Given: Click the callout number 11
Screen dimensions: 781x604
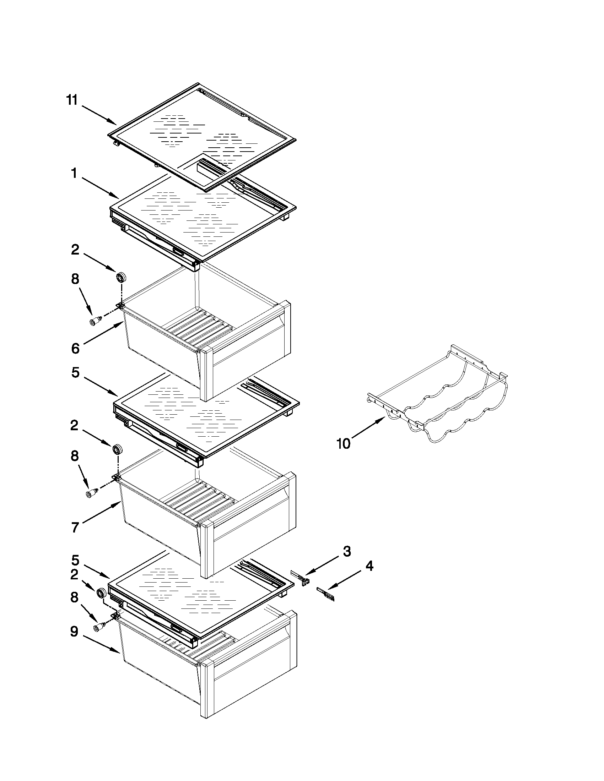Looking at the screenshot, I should (x=72, y=100).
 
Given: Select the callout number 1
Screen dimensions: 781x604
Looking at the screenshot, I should (x=74, y=174).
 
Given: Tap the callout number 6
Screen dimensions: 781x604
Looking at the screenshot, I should (x=75, y=348).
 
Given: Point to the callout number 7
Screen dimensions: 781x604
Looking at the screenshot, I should (x=75, y=528).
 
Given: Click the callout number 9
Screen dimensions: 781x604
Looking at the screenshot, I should (x=74, y=632).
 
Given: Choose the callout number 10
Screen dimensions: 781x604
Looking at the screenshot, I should (x=343, y=444).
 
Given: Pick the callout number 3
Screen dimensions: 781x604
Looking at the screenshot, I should (x=347, y=551).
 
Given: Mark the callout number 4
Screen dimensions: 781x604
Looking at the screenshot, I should (x=369, y=566).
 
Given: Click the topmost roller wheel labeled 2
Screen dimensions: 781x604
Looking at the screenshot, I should (x=121, y=277).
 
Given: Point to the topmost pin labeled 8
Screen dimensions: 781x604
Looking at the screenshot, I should (x=95, y=321).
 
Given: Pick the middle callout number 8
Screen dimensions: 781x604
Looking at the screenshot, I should (x=74, y=456).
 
